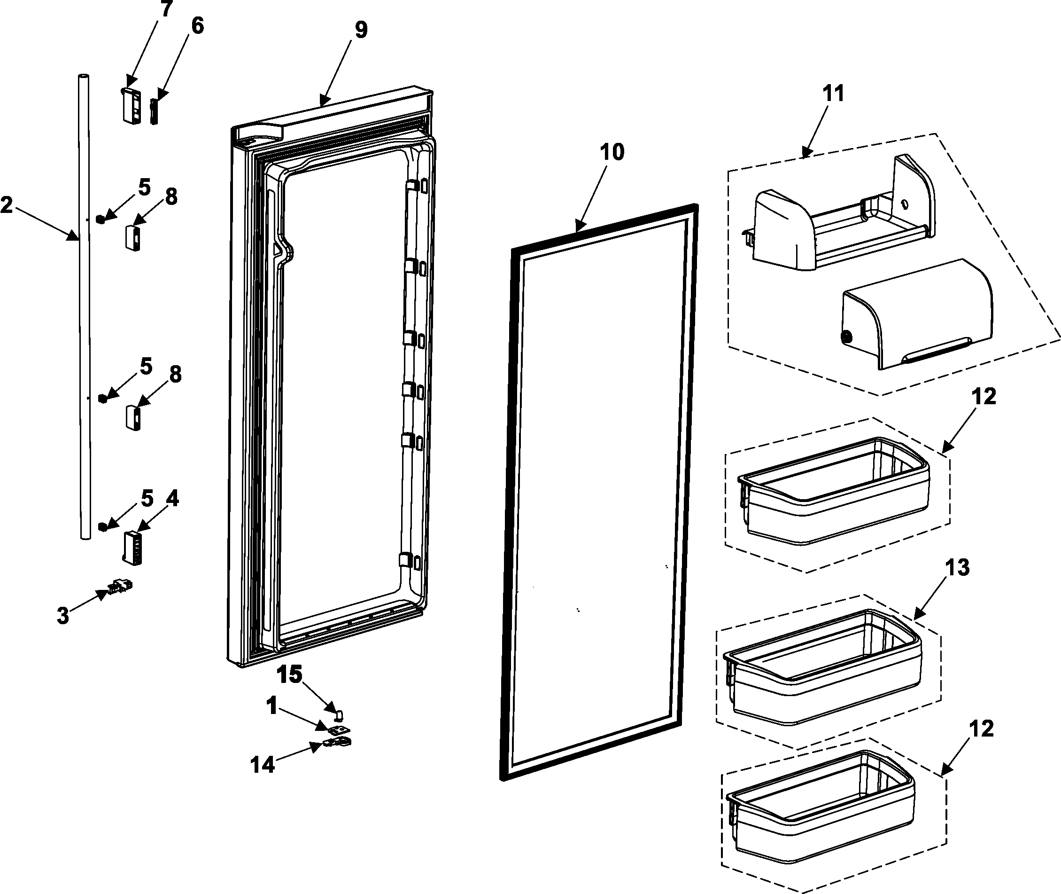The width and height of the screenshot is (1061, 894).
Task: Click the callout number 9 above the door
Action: (361, 31)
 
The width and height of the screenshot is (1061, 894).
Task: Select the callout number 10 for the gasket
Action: (612, 152)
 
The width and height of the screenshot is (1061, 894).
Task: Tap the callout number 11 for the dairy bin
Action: (833, 94)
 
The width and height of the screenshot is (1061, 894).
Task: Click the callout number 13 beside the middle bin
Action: (957, 568)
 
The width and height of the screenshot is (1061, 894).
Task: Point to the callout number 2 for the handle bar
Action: (7, 205)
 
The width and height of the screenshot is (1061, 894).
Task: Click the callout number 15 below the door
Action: (290, 674)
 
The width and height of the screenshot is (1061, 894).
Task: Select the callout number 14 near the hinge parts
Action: (263, 765)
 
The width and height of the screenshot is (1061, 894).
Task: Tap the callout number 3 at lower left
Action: (63, 616)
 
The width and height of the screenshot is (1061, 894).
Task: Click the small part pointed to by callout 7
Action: (131, 105)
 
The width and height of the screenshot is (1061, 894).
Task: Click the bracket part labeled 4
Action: (133, 547)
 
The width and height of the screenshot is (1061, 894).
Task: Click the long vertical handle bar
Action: (85, 304)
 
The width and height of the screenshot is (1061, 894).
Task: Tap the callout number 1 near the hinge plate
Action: (272, 706)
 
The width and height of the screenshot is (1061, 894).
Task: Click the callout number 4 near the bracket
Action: (172, 499)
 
